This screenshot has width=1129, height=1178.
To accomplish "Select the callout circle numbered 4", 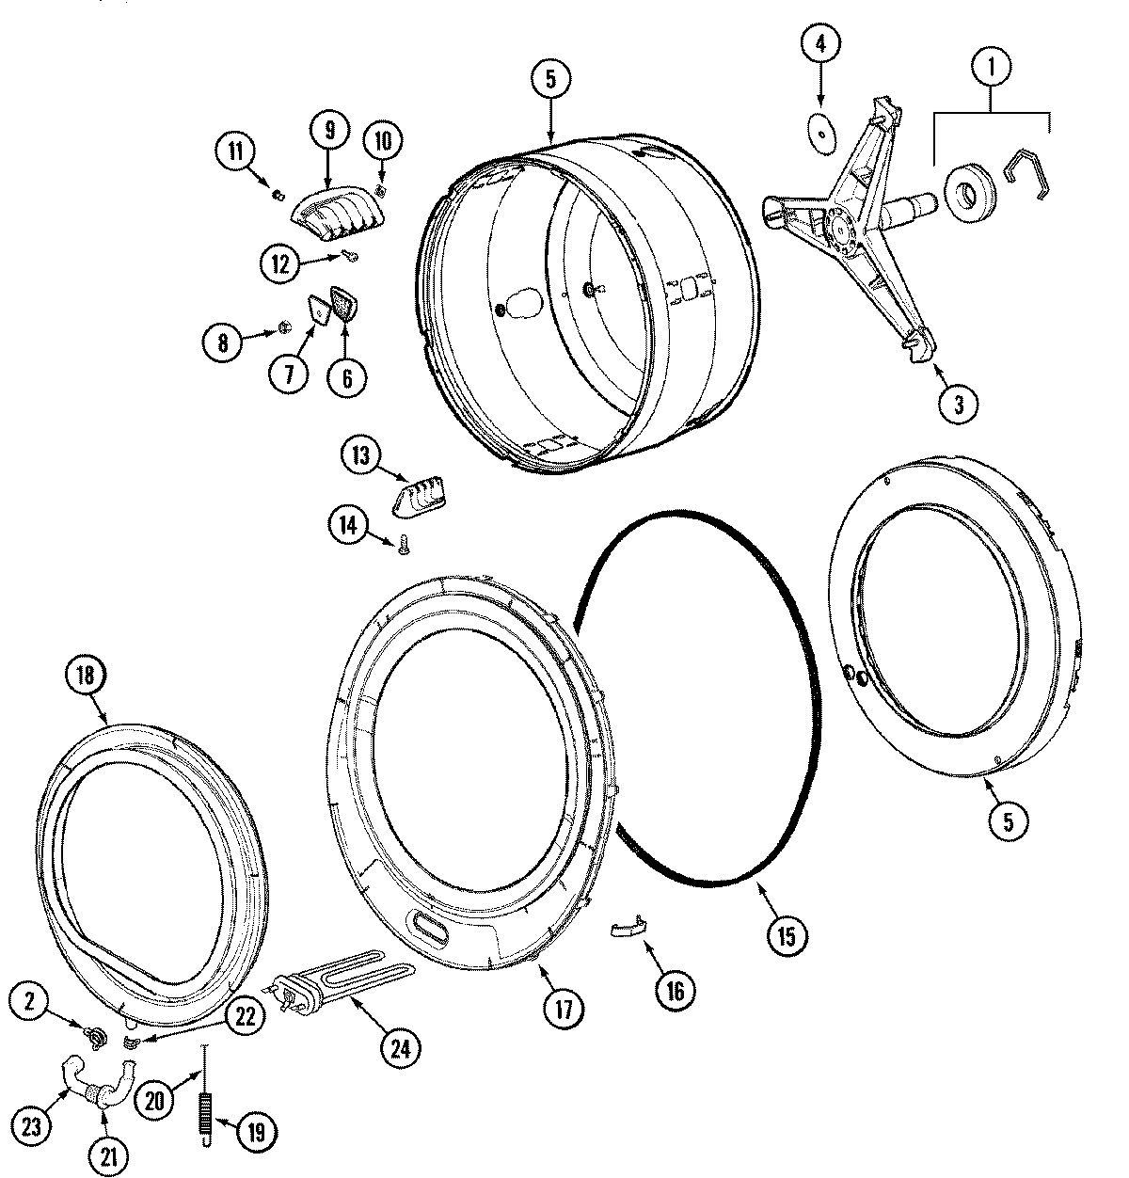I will point(819,43).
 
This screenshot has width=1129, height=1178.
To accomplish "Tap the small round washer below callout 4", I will point(824,135).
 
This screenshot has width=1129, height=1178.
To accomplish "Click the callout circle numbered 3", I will point(959,404).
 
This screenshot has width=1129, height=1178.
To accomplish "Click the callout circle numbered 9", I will point(329,131).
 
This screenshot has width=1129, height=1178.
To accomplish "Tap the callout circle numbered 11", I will point(233,151).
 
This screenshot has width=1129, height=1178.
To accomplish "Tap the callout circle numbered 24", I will point(401,1046).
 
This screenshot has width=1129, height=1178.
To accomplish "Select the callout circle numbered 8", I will point(223,343).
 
